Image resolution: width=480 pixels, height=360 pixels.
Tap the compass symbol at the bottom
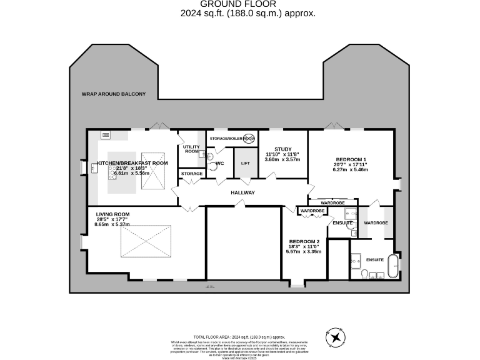pos(336,338)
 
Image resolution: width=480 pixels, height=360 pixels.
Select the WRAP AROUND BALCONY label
pos(113,94)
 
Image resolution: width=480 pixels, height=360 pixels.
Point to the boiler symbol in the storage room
pos(248,138)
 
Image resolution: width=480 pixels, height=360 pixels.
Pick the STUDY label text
pos(283,148)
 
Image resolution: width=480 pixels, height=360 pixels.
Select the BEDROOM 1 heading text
pos(351,159)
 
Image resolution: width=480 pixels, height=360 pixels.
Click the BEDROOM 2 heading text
pos(304,241)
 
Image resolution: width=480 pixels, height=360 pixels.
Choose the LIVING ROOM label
pos(112,214)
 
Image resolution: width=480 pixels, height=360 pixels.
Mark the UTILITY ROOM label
pos(191,149)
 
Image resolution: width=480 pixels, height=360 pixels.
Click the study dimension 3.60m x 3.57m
pos(282,159)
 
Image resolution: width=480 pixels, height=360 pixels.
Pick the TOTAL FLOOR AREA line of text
pos(239,336)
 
